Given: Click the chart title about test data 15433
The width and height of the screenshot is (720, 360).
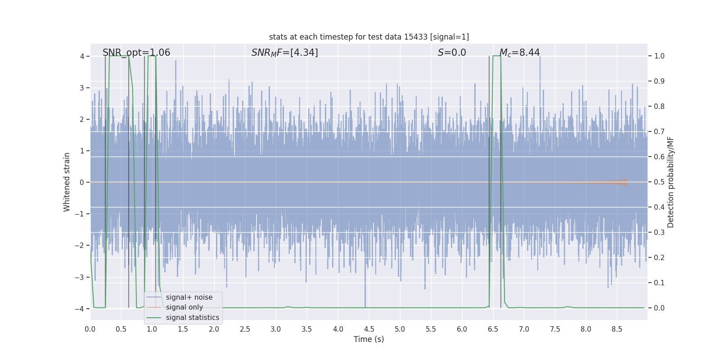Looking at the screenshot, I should coord(369,37).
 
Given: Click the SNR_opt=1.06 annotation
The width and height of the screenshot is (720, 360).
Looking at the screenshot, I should coord(136,53).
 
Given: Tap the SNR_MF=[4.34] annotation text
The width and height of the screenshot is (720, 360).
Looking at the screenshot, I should coord(284,53).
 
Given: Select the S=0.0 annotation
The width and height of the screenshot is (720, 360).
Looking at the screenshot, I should coord(452,53).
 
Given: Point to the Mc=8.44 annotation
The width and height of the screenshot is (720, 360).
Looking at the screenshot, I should coord(519,53).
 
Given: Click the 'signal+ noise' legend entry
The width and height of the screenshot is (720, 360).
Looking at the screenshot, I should coord(189,297).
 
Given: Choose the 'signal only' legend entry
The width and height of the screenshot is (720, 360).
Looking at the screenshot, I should coord(184,307).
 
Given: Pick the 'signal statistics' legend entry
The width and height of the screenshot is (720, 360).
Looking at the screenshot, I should coord(192,318).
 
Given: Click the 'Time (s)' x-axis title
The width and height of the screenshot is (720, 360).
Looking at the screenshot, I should coord(369,339).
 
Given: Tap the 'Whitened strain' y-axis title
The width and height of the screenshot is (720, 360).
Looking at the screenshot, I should coord(67,182).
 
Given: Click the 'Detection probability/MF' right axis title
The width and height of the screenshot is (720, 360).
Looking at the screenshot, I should coord(670,182).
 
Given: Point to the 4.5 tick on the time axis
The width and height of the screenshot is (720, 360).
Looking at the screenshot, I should coord(369,329).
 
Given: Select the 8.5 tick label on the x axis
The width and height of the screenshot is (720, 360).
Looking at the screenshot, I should coord(616,329).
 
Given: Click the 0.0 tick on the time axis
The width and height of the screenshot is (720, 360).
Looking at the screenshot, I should coord(90,329).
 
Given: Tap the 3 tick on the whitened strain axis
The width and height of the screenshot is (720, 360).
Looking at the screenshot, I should coord(82,88).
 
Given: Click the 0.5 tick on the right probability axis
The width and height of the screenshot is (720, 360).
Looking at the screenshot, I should coord(659,182).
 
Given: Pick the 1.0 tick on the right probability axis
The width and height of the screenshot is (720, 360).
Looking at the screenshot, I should coord(659,56).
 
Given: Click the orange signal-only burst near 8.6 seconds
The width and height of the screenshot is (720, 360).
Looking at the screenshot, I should coord(623,182).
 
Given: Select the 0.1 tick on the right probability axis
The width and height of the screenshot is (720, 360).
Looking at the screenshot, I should coord(659,283).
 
